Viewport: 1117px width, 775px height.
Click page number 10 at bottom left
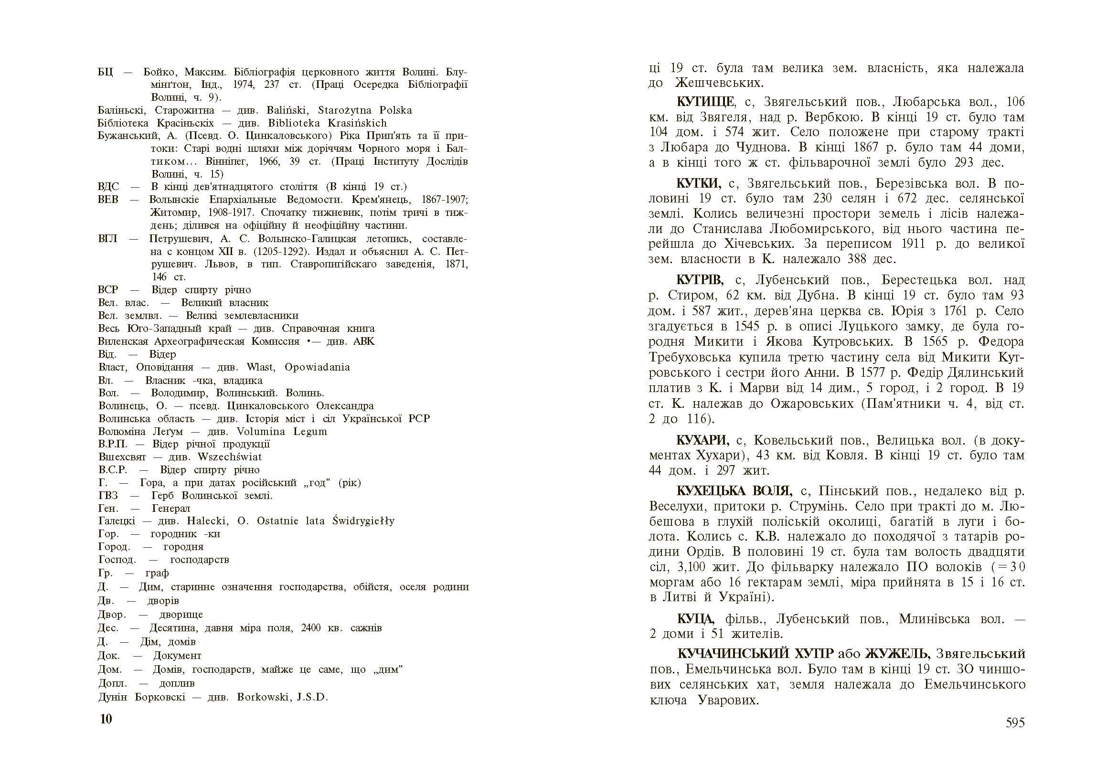tap(106, 719)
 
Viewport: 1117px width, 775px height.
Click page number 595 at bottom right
tap(1014, 722)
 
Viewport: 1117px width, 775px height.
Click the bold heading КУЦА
tap(695, 619)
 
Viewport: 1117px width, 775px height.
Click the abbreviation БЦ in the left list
tap(105, 73)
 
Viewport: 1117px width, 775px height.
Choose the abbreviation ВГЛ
tap(107, 239)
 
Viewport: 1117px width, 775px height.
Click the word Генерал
tap(171, 509)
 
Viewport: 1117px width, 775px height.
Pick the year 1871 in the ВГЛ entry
tap(457, 264)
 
